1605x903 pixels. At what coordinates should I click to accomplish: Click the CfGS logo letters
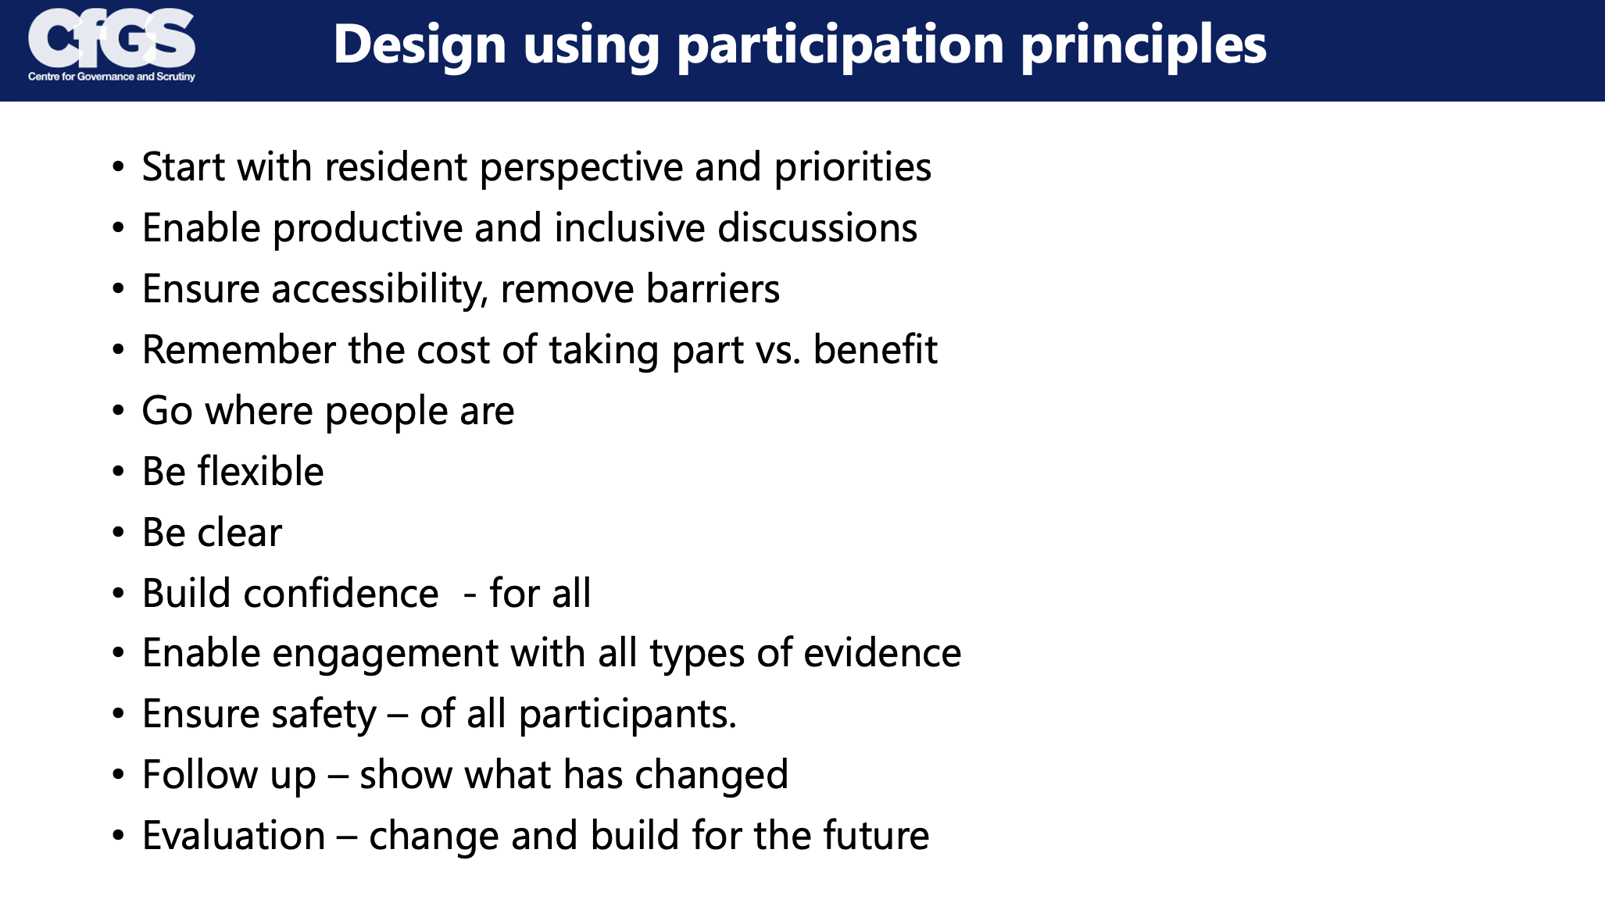pos(112,38)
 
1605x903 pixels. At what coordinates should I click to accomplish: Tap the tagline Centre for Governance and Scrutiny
pos(112,77)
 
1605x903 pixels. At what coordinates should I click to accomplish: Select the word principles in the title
pos(1144,45)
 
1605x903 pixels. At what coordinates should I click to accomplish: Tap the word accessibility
pos(380,289)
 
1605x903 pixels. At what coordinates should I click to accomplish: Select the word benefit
pos(875,350)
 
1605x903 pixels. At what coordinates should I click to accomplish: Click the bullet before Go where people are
pos(118,412)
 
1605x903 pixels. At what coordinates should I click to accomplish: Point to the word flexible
pos(260,472)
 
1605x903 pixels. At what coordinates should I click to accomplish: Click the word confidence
pos(341,594)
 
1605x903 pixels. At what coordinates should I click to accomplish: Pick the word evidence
pos(882,653)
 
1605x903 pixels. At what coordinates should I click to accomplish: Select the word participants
pos(628,714)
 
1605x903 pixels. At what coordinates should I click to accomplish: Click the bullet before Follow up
pos(118,776)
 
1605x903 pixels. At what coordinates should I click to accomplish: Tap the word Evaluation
pos(234,836)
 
